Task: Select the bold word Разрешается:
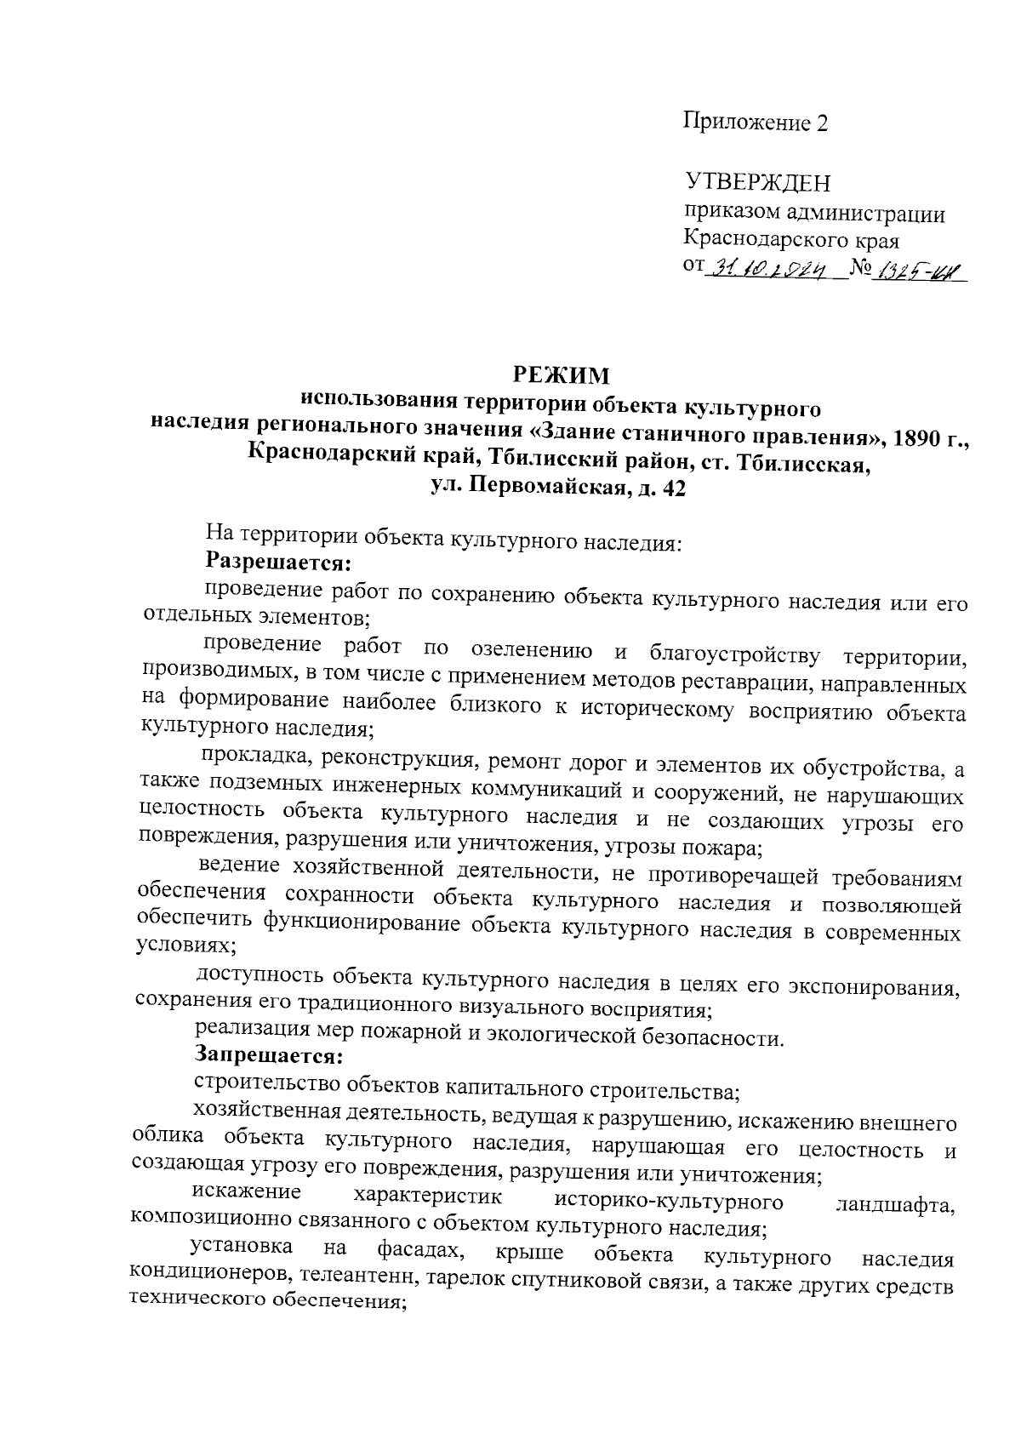click(279, 562)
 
